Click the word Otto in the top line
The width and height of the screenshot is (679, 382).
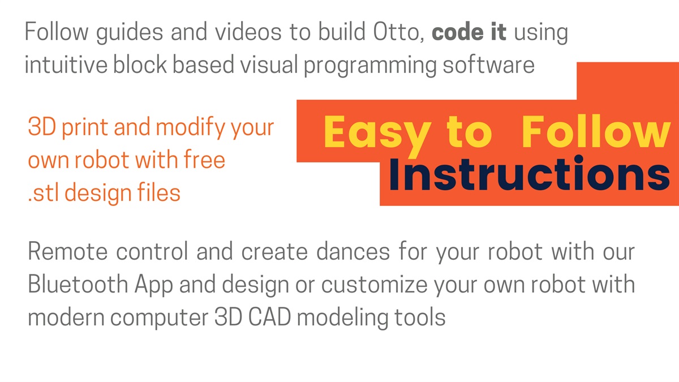pyautogui.click(x=398, y=32)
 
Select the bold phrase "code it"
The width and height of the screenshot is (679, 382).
pyautogui.click(x=469, y=32)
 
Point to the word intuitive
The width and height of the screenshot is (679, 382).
pyautogui.click(x=66, y=65)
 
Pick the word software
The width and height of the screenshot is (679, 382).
pyautogui.click(x=489, y=65)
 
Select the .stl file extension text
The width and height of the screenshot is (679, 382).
pyautogui.click(x=43, y=192)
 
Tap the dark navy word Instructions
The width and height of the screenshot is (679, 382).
pyautogui.click(x=529, y=173)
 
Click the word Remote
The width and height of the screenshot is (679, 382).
pyautogui.click(x=67, y=251)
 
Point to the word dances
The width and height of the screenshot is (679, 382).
pyautogui.click(x=353, y=251)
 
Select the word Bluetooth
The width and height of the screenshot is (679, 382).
pyautogui.click(x=78, y=284)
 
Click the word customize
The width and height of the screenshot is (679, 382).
pyautogui.click(x=374, y=284)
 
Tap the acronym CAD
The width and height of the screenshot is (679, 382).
pyautogui.click(x=269, y=317)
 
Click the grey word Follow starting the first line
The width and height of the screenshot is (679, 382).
pyautogui.click(x=57, y=31)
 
